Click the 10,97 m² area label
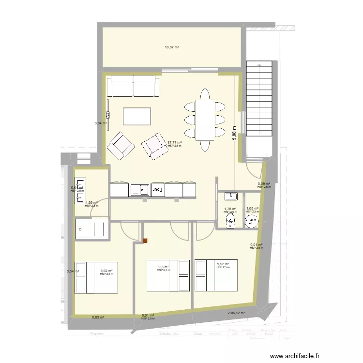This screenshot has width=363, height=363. pyautogui.click(x=172, y=47)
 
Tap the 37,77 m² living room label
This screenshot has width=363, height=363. pyautogui.click(x=174, y=143)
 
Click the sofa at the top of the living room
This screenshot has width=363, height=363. pyautogui.click(x=133, y=87)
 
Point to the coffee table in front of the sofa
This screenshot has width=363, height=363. pyautogui.click(x=137, y=117)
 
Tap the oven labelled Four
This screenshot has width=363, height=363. pyautogui.click(x=158, y=190)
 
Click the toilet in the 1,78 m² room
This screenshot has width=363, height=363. pyautogui.click(x=230, y=220)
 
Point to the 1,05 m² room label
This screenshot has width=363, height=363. pyautogui.click(x=252, y=209)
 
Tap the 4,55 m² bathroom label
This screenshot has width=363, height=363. pyautogui.click(x=91, y=203)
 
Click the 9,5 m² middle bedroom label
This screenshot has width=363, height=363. pyautogui.click(x=164, y=267)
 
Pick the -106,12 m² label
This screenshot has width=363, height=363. pyautogui.click(x=236, y=313)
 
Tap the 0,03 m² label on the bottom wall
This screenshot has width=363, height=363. pyautogui.click(x=98, y=317)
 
